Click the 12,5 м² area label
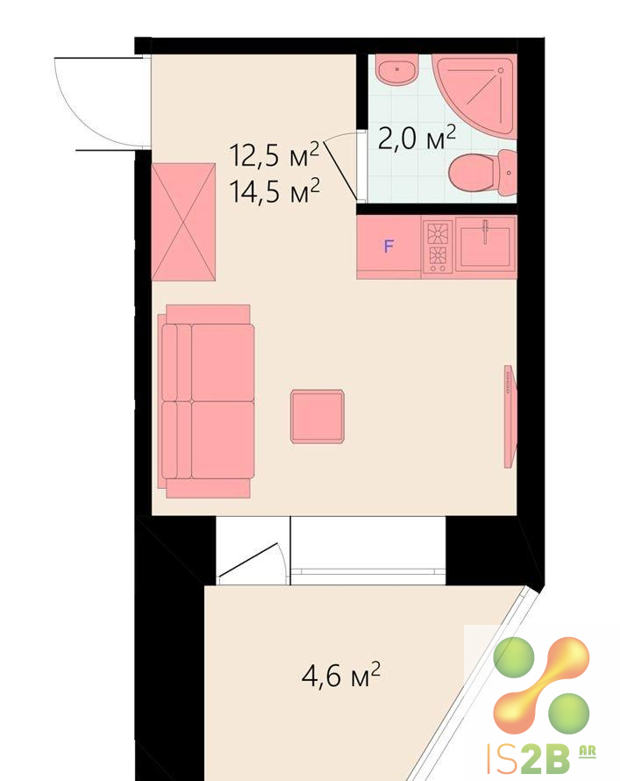pos(274,154)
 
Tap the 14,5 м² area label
pos(274,191)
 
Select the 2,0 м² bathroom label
pos(417,138)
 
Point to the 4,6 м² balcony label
pos(341,675)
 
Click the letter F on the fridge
pos(388,246)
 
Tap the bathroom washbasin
pos(396,70)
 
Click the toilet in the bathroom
pos(482,173)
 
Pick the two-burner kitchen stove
pos(438,247)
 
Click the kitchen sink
pos(485,244)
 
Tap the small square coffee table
pos(317,417)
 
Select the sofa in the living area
pos(206,401)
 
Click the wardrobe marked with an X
pos(183,222)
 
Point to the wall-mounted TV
pos(510,417)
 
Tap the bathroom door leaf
pos(341,169)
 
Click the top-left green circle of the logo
pos(514,657)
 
